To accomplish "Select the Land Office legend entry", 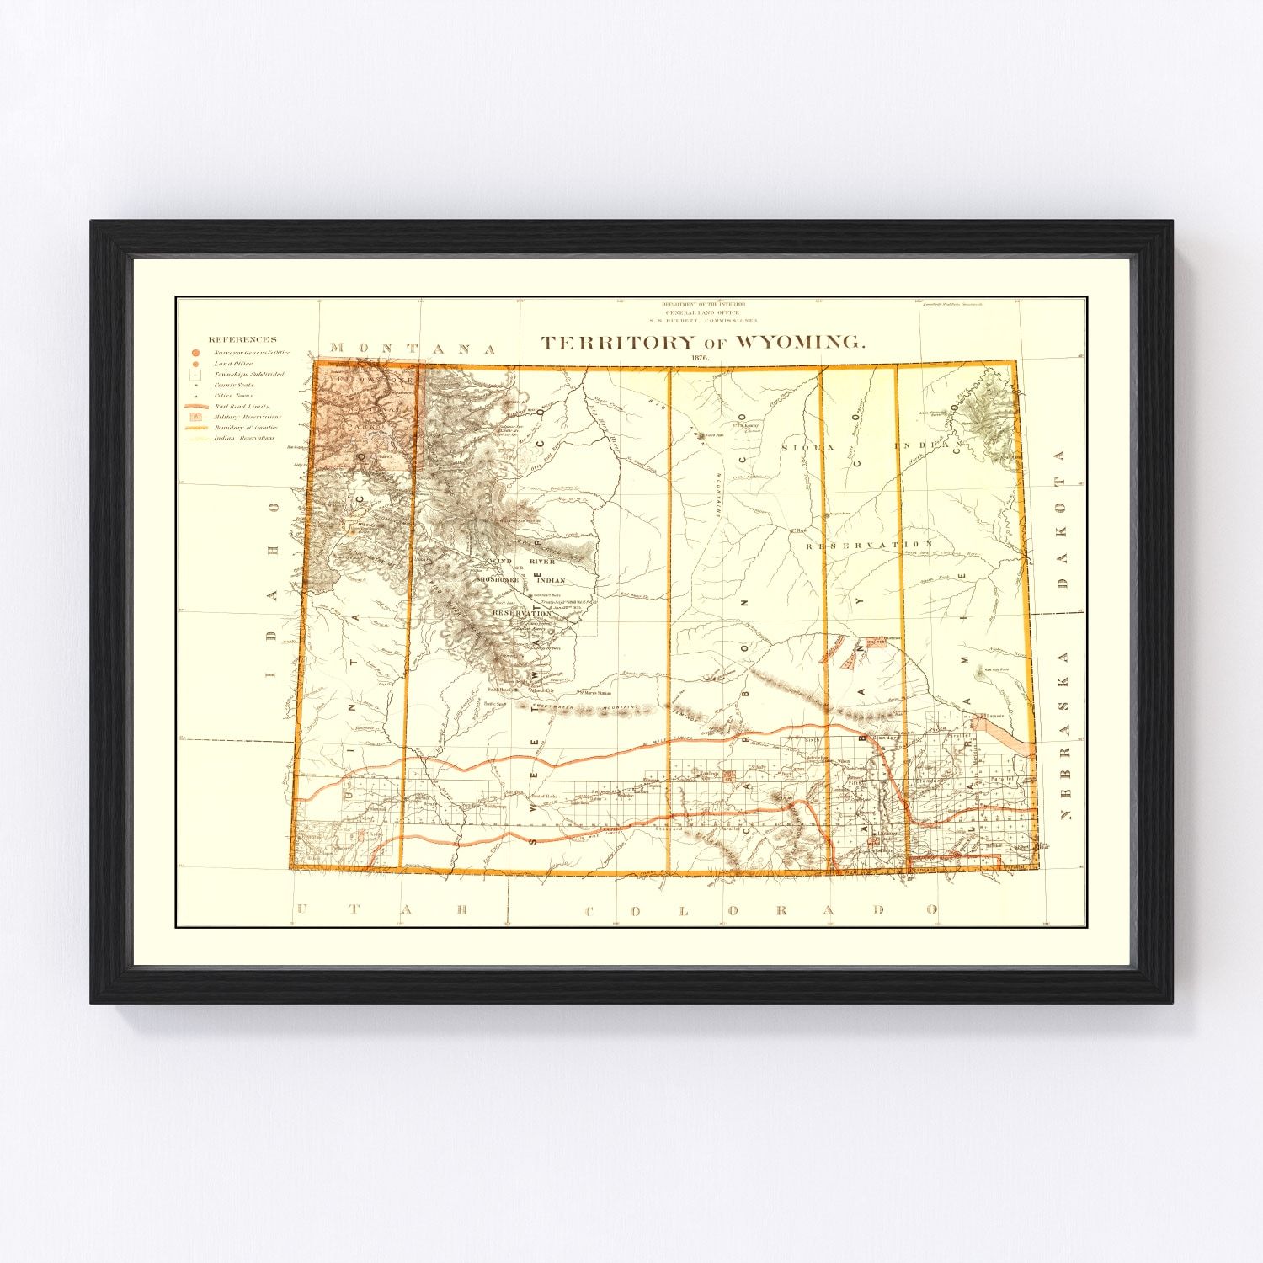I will click(x=232, y=364).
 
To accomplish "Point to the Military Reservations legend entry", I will click(x=248, y=417).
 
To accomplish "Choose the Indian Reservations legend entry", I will click(x=244, y=438).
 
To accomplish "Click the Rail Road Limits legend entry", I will click(x=241, y=406).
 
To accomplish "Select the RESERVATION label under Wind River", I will click(x=521, y=613).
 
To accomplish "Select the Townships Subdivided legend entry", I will click(x=248, y=374).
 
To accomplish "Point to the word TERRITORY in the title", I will click(x=618, y=342).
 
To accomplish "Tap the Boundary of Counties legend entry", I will click(x=245, y=428).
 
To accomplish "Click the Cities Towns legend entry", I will click(x=233, y=395).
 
